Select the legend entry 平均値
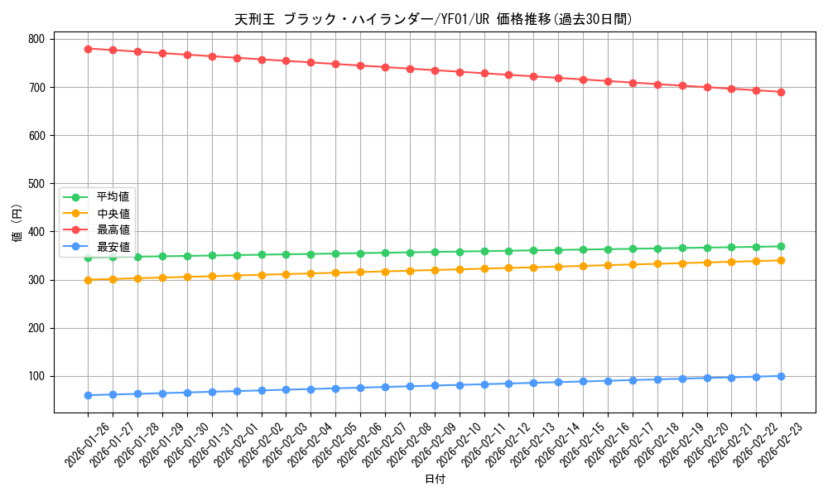[113, 197]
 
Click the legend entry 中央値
[113, 214]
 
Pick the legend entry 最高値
[113, 229]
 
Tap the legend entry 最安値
[113, 246]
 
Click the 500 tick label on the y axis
[36, 184]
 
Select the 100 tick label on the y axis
[36, 376]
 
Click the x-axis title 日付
[435, 480]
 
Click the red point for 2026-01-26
[88, 49]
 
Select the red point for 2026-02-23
[781, 92]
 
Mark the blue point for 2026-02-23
[781, 376]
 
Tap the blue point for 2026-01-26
[88, 395]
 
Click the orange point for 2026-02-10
[460, 269]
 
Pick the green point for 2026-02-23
[781, 246]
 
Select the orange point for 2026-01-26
[88, 280]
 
